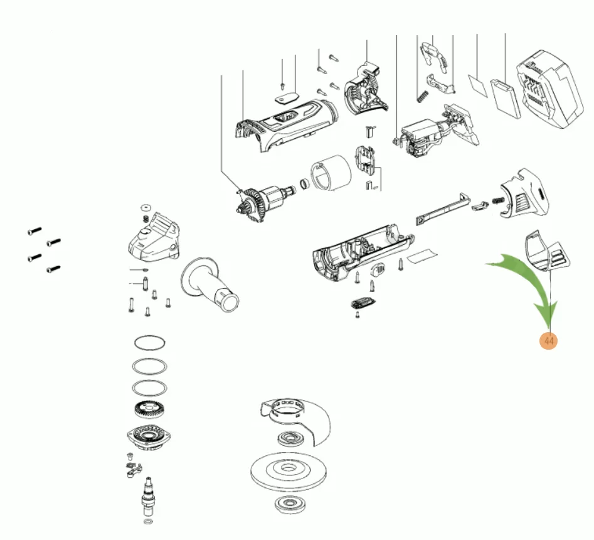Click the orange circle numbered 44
(x=549, y=341)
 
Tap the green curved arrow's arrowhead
(x=549, y=317)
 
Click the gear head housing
(x=152, y=239)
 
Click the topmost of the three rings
(x=150, y=343)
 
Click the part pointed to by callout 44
(x=546, y=251)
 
